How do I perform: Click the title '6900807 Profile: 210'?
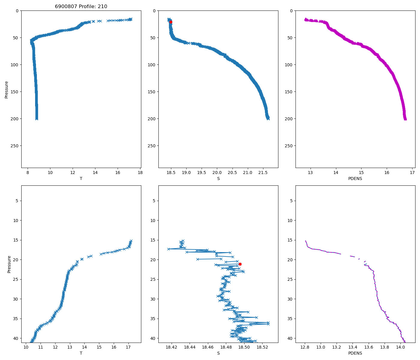coord(81,7)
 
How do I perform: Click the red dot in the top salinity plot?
coord(171,22)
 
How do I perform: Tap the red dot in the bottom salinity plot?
coord(240,264)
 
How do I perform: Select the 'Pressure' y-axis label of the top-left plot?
coord(7,89)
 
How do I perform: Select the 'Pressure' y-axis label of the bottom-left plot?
coord(9,264)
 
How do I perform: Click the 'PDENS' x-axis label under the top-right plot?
coord(355,178)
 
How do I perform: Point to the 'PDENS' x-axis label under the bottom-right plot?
coord(355,353)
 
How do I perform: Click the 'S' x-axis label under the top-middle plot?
coord(218,178)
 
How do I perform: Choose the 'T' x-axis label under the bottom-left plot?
coord(81,353)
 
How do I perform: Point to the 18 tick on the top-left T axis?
coord(140,172)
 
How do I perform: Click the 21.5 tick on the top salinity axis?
coord(263,172)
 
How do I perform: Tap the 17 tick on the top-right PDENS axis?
coord(412,172)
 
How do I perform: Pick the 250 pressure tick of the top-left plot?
coord(16,146)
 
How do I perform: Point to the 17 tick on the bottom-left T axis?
coord(128,347)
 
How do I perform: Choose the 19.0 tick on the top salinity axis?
coord(186,172)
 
